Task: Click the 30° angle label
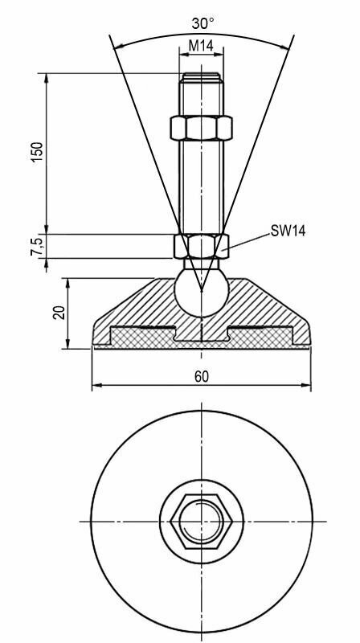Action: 203,23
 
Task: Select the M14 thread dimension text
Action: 201,46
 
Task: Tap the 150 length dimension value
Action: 37,152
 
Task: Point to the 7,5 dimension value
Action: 37,247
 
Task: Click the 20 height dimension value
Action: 59,313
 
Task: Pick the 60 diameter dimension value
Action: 202,377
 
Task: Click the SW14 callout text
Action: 288,231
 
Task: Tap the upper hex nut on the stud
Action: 201,128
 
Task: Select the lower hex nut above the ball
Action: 201,246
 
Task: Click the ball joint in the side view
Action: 201,291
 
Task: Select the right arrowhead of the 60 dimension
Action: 306,385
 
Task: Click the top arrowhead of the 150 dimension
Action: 47,79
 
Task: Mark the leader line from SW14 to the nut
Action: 246,241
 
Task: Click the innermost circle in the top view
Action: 201,522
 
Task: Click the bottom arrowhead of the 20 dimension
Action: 68,344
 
